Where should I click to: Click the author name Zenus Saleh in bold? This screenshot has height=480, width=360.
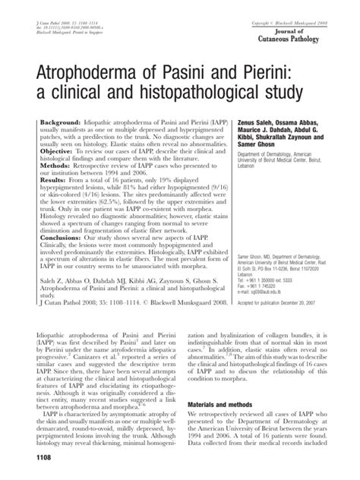click(x=270, y=122)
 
